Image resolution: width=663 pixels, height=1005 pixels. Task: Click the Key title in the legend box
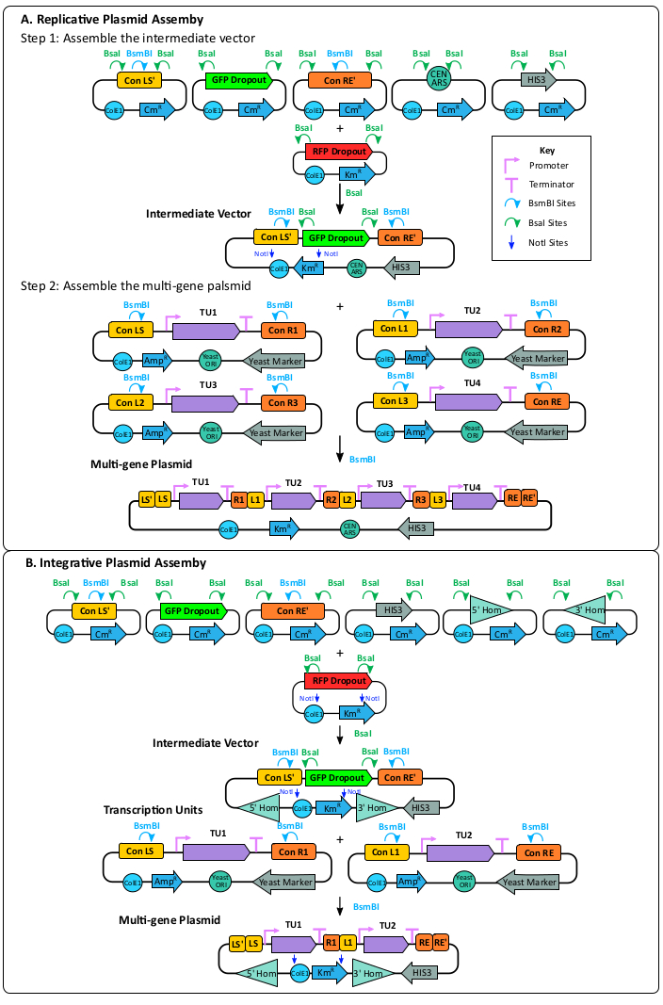(x=547, y=150)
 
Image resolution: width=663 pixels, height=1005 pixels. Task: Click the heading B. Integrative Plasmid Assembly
(x=115, y=563)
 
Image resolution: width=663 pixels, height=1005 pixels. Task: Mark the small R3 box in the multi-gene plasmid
(x=421, y=499)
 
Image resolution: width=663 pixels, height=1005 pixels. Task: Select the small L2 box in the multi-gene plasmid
(x=347, y=499)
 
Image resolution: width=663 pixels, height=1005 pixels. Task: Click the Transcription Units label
(x=154, y=810)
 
